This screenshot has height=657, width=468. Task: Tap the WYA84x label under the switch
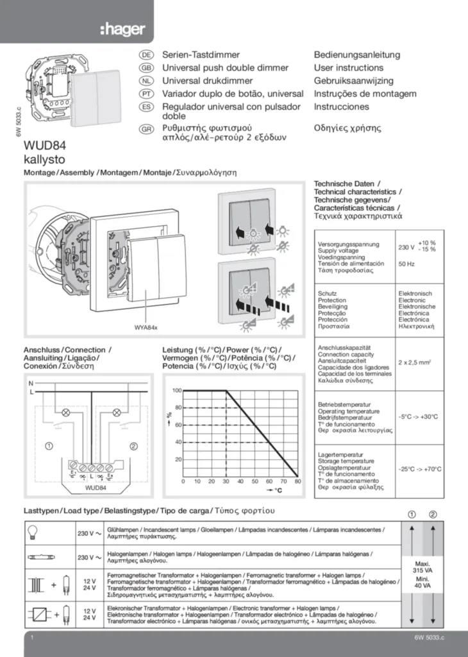coord(146,328)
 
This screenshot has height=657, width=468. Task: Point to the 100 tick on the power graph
coord(178,390)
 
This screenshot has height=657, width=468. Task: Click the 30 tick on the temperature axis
coord(226,481)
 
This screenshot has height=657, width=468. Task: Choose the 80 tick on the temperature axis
coord(297,481)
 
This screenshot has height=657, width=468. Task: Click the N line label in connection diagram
coord(30,382)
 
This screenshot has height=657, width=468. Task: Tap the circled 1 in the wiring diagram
coord(49,445)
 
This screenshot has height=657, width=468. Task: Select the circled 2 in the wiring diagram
coord(133,445)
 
